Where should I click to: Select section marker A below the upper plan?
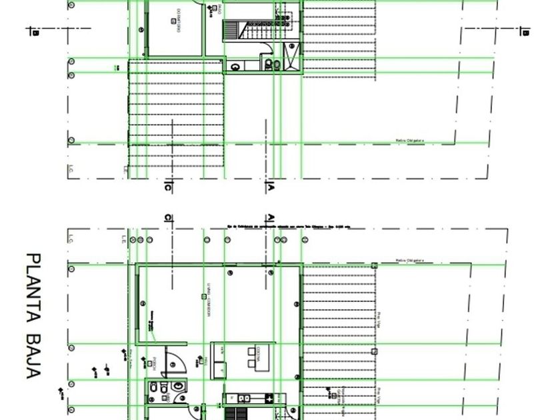coord(271,187)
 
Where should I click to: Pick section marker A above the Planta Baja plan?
coord(271,218)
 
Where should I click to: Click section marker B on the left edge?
coord(35,31)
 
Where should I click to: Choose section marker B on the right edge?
coord(525,31)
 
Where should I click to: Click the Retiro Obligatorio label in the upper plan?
coord(410,141)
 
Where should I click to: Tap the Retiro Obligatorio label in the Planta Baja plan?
coord(410,261)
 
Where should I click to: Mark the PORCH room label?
coord(155,362)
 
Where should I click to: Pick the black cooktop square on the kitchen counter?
coord(269,399)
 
